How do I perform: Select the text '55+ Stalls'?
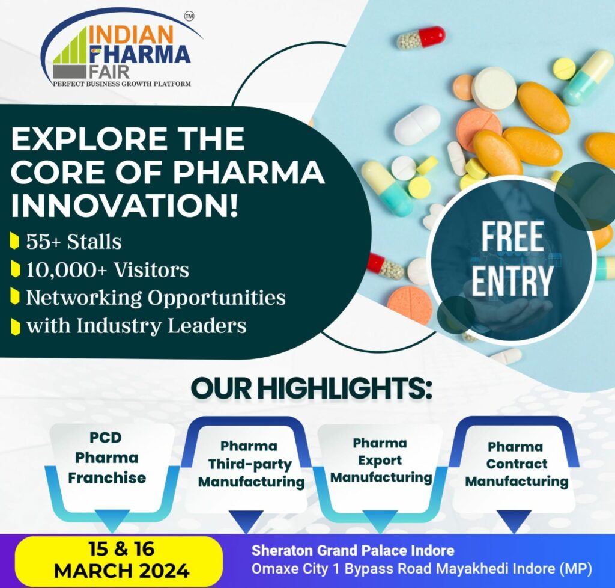(73, 242)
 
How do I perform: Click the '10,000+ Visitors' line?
(107, 270)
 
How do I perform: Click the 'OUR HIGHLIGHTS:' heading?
(311, 388)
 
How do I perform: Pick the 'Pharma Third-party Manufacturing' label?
(251, 464)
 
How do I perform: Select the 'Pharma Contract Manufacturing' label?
(516, 464)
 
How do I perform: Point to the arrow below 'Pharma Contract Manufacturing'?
(515, 521)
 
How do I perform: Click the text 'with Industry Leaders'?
(136, 326)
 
